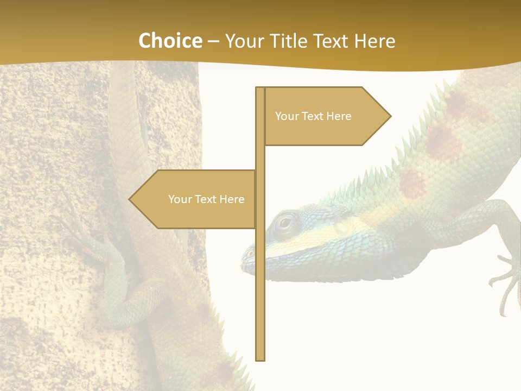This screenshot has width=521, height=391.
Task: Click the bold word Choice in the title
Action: click(170, 41)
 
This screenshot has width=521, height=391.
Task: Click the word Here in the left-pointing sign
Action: click(231, 199)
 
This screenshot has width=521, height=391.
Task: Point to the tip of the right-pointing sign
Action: click(390, 116)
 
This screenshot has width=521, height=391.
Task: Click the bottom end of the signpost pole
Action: click(260, 358)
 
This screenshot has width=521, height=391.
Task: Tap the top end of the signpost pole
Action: click(260, 89)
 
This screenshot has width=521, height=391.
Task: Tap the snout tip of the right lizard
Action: click(244, 266)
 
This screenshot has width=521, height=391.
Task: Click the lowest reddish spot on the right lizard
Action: click(412, 183)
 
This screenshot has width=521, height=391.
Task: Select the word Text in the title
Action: click(332, 41)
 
